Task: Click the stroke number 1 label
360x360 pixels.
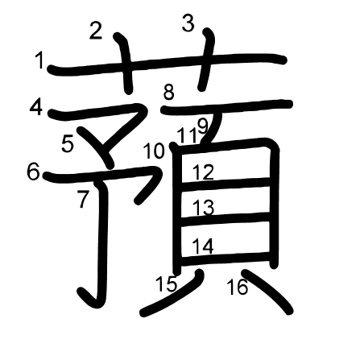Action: (39, 60)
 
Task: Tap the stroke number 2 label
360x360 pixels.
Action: (96, 31)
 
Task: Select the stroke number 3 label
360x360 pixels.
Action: (188, 23)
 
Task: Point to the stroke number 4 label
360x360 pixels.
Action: (36, 108)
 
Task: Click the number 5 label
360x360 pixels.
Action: (68, 143)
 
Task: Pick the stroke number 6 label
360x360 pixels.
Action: (33, 172)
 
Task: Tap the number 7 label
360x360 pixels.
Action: (83, 199)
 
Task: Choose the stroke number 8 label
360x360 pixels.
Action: (168, 92)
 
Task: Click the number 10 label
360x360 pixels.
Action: (154, 151)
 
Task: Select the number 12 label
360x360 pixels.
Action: (203, 172)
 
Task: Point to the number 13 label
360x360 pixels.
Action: (204, 208)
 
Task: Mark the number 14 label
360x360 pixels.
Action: (203, 246)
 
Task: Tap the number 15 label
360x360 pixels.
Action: (167, 283)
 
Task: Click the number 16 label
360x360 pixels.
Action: (238, 287)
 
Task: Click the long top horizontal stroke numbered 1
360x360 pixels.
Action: (167, 64)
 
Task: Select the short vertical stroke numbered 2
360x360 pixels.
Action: (124, 63)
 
